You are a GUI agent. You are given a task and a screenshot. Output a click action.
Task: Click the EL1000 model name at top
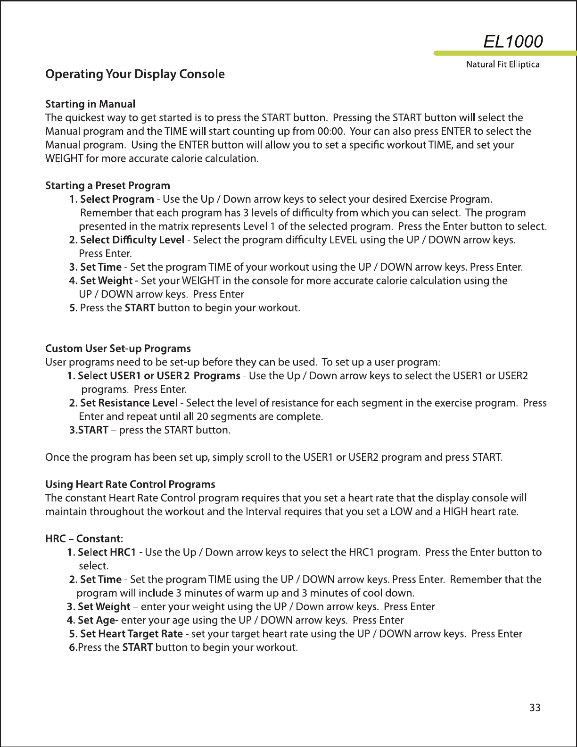point(513,41)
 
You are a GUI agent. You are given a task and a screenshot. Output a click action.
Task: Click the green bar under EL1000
point(504,53)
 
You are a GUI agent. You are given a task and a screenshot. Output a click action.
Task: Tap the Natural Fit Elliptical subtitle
point(503,64)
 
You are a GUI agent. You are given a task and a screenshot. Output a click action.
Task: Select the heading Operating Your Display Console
point(135,74)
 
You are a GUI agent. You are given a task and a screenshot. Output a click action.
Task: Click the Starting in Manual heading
point(90,104)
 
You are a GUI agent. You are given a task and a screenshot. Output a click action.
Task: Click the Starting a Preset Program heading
point(107,185)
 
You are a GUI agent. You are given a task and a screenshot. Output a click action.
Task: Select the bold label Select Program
point(116,199)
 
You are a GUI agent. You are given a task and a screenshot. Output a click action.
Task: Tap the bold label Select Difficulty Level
point(132,240)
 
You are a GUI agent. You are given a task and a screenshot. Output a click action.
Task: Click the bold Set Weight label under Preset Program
point(106,281)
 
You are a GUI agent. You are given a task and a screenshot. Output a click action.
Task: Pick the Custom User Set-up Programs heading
point(118,349)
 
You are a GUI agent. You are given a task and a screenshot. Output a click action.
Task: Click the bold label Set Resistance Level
point(128,403)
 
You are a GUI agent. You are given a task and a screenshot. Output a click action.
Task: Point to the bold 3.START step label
point(89,430)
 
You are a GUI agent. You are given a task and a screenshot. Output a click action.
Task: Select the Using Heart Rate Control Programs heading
point(130,484)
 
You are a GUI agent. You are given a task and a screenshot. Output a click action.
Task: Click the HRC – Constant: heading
point(84,539)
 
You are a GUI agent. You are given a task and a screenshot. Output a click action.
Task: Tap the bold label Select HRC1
point(107,552)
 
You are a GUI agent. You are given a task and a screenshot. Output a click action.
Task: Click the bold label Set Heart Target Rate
point(131,633)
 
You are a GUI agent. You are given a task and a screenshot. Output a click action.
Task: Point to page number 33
point(535,707)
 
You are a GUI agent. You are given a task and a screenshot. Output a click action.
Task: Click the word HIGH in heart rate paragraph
point(456,511)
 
